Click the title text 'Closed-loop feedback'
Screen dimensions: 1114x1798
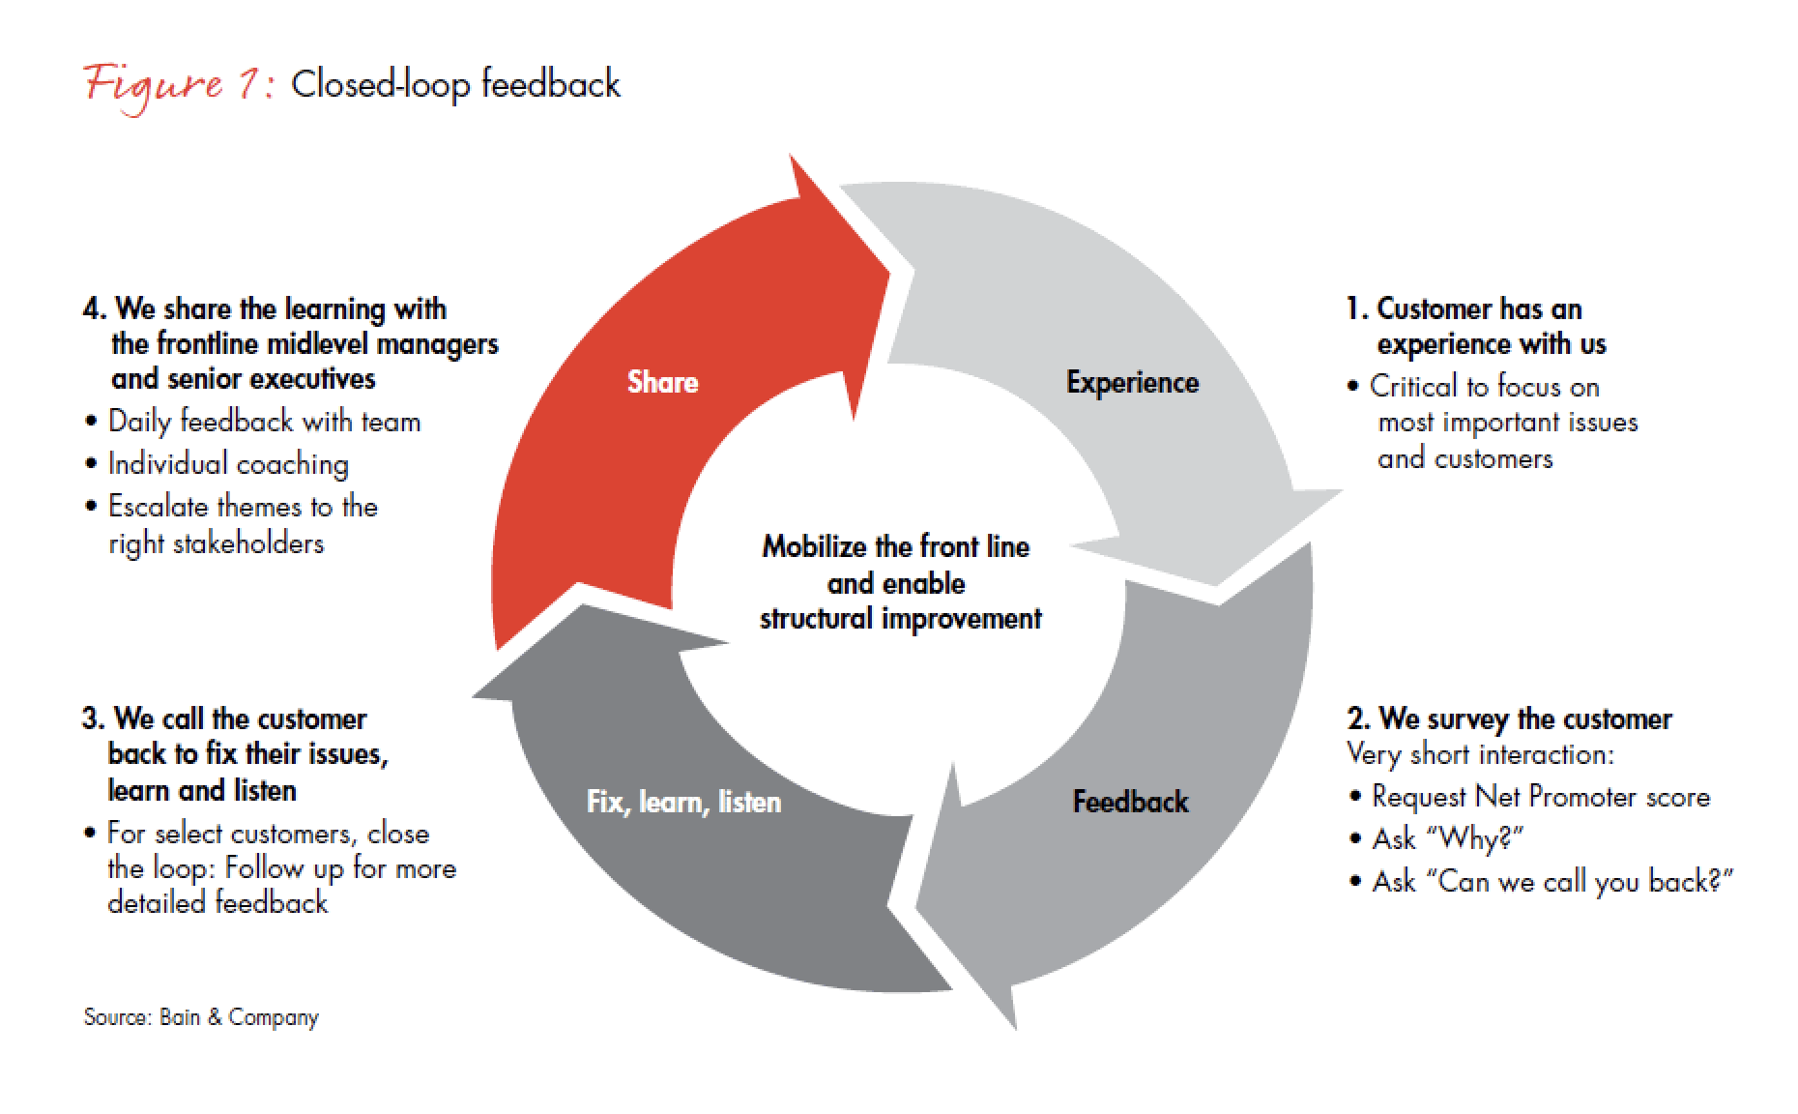tap(455, 84)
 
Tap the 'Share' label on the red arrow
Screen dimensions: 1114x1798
tap(662, 382)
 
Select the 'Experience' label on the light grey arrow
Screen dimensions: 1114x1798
tap(1132, 383)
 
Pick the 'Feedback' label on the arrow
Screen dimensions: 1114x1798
tap(1130, 802)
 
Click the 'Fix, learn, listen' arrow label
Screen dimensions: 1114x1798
tap(683, 802)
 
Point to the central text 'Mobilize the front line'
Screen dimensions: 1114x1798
tap(896, 547)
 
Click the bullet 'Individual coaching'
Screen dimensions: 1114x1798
tap(228, 464)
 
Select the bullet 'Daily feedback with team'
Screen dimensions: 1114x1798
tap(264, 422)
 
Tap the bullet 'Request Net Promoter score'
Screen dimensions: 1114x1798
tap(1540, 797)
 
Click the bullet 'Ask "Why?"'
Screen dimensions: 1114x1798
tap(1447, 838)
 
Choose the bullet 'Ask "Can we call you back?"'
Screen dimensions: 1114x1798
tap(1551, 881)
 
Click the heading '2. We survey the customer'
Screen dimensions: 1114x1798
tap(1509, 719)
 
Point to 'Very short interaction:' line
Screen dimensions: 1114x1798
tap(1480, 754)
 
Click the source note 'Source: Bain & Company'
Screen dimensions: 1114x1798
tap(201, 1017)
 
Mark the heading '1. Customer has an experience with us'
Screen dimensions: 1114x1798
tap(1476, 327)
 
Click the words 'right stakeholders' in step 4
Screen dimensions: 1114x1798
tap(216, 543)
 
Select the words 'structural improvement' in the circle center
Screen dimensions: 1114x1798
tap(900, 619)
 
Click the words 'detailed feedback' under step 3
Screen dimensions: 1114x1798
tap(217, 903)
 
